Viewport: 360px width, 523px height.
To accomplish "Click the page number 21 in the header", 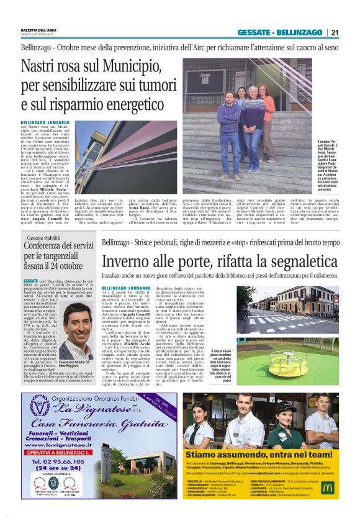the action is point(351,32).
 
